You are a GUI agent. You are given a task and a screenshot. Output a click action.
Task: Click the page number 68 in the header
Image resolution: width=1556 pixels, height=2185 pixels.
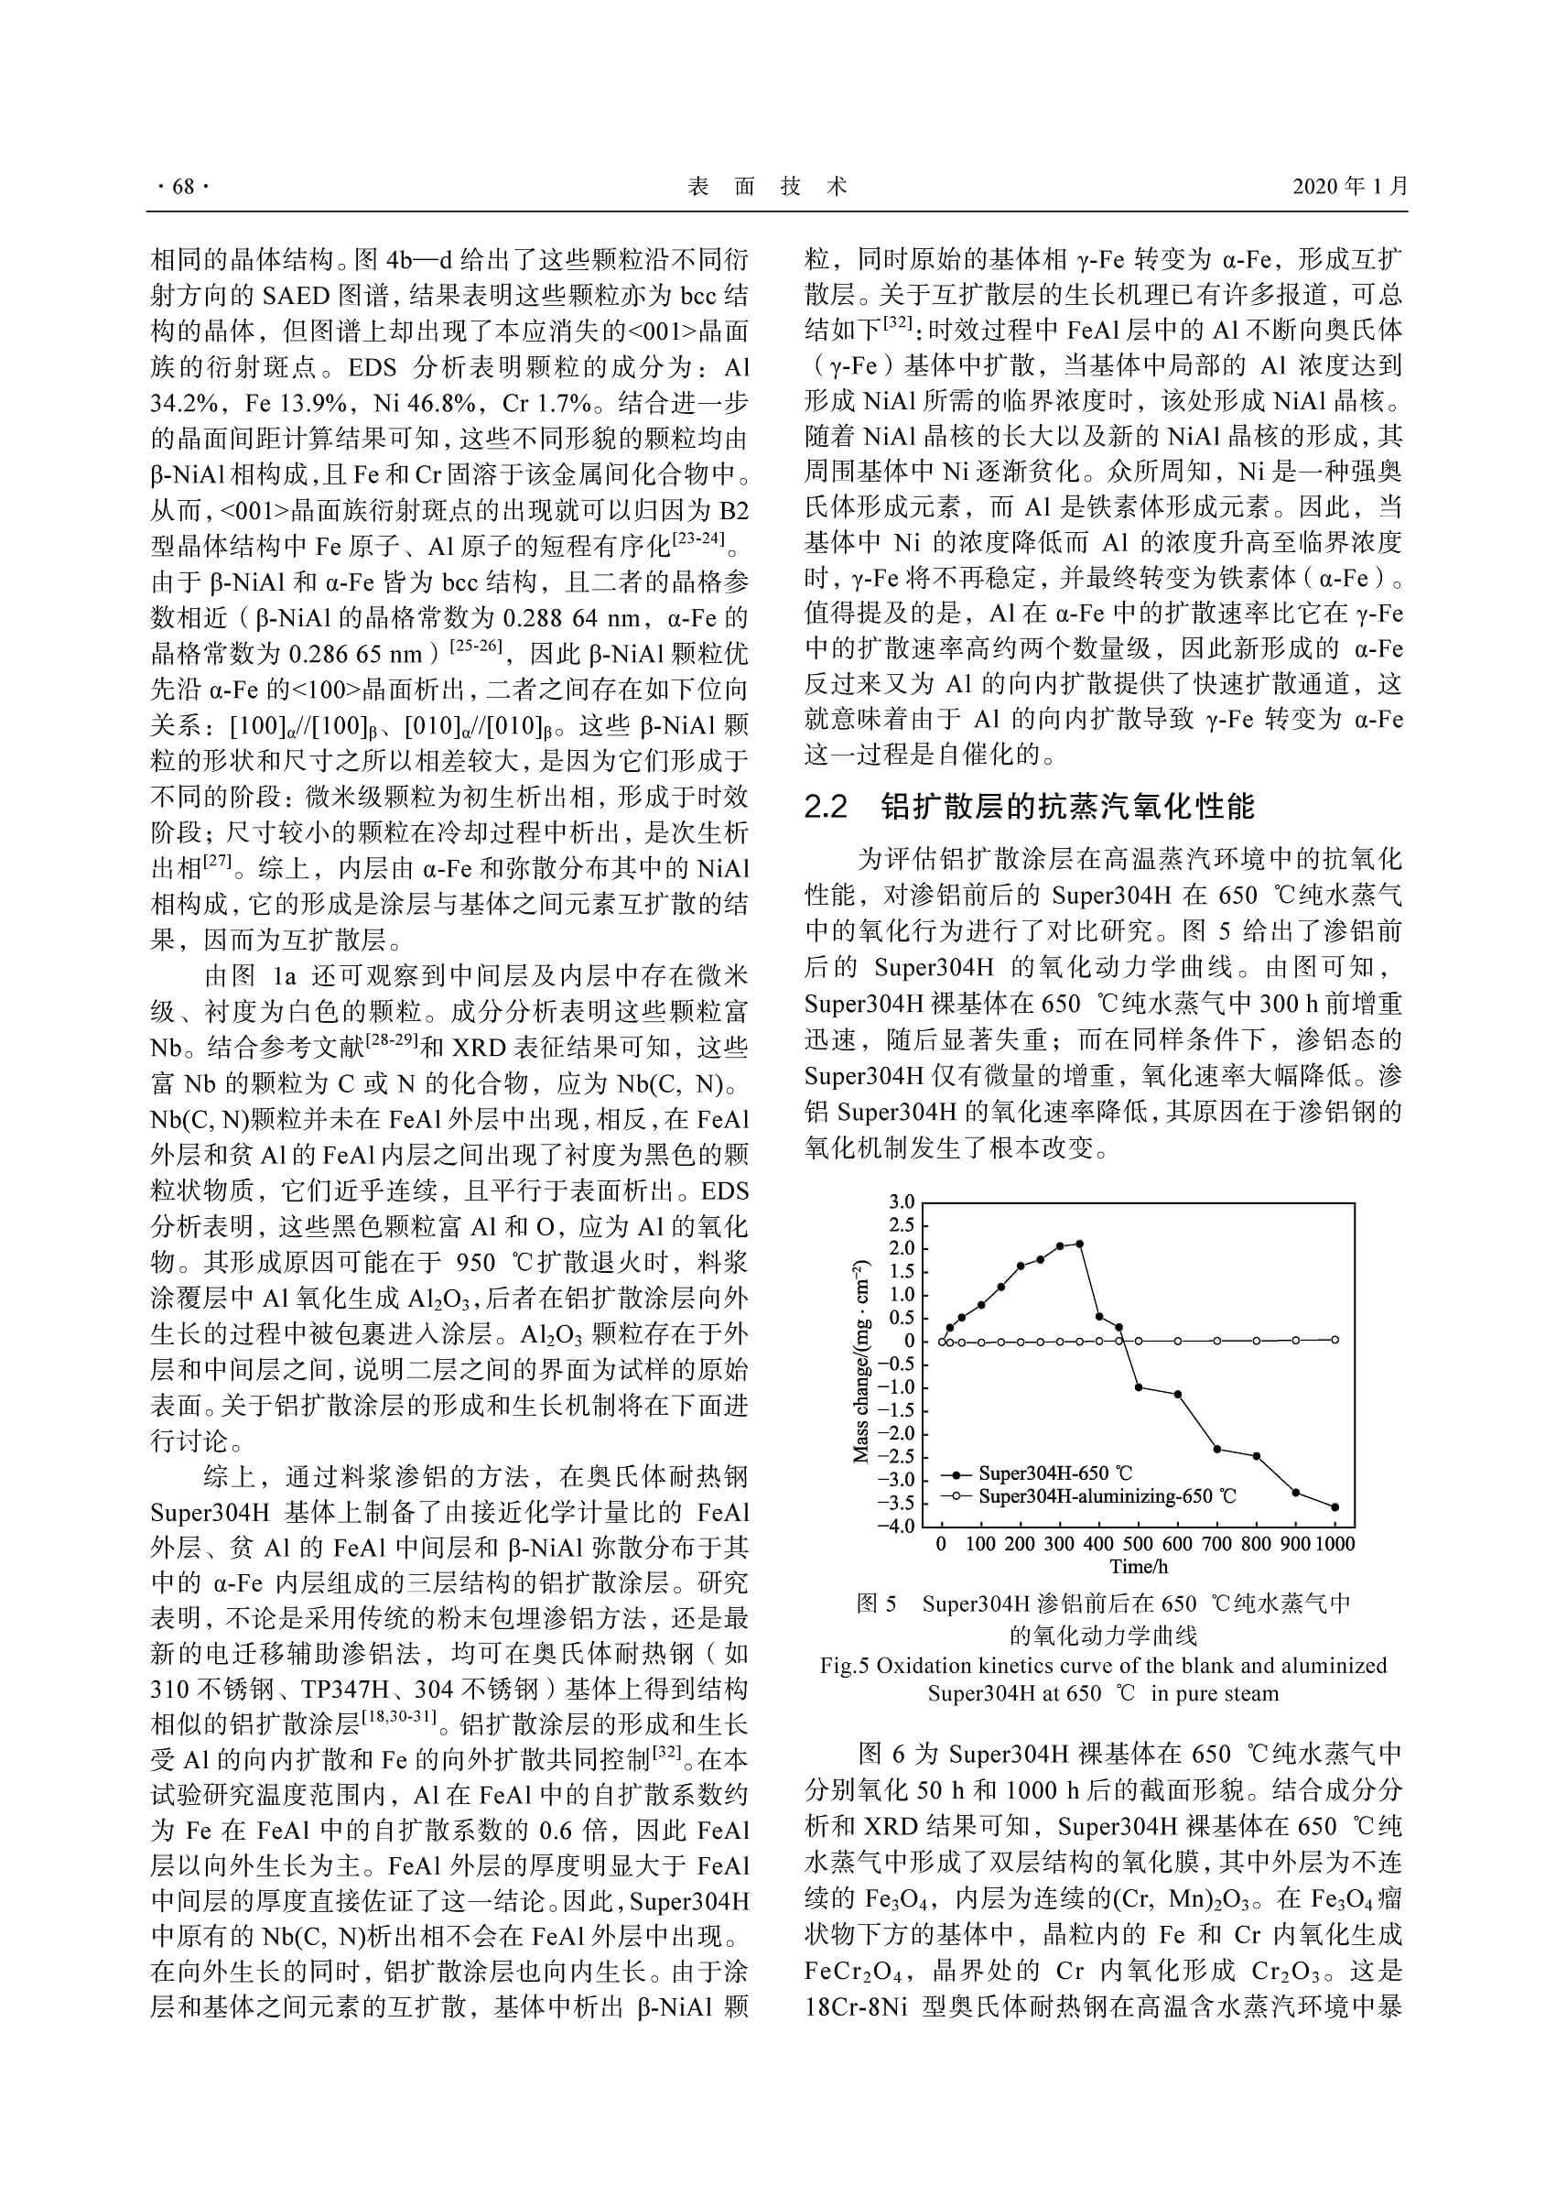tap(182, 187)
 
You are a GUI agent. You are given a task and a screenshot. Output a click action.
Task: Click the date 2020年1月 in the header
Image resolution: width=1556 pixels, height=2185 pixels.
tap(1350, 186)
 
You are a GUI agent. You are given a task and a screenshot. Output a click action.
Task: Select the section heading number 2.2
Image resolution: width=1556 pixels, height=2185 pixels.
tap(827, 807)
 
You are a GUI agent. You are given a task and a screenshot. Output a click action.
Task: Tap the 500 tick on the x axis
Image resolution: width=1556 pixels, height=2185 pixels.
tap(1138, 1544)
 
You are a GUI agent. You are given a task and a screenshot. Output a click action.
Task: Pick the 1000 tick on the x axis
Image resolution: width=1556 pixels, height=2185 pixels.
tap(1334, 1544)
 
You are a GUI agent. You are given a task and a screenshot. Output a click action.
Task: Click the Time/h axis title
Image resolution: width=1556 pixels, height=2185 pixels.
tap(1139, 1567)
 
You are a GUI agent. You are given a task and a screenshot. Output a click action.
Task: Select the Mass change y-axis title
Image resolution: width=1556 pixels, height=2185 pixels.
tap(861, 1362)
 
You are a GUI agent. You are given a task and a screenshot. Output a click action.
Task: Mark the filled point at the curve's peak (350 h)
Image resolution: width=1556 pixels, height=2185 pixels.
tap(1080, 1244)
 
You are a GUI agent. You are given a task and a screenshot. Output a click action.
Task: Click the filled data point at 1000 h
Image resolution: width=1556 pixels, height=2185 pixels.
tap(1334, 1507)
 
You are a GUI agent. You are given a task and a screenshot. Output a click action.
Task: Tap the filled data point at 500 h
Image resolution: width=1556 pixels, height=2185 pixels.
tap(1139, 1387)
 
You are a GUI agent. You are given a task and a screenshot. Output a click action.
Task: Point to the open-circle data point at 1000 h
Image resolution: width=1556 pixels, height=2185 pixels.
tap(1334, 1340)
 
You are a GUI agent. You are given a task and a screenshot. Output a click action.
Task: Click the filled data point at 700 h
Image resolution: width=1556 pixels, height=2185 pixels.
tap(1216, 1449)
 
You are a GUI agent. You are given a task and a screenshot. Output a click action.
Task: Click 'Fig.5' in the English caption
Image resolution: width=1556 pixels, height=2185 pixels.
tap(843, 1666)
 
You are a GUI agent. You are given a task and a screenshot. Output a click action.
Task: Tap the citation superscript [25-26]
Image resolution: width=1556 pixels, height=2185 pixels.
tap(477, 645)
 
